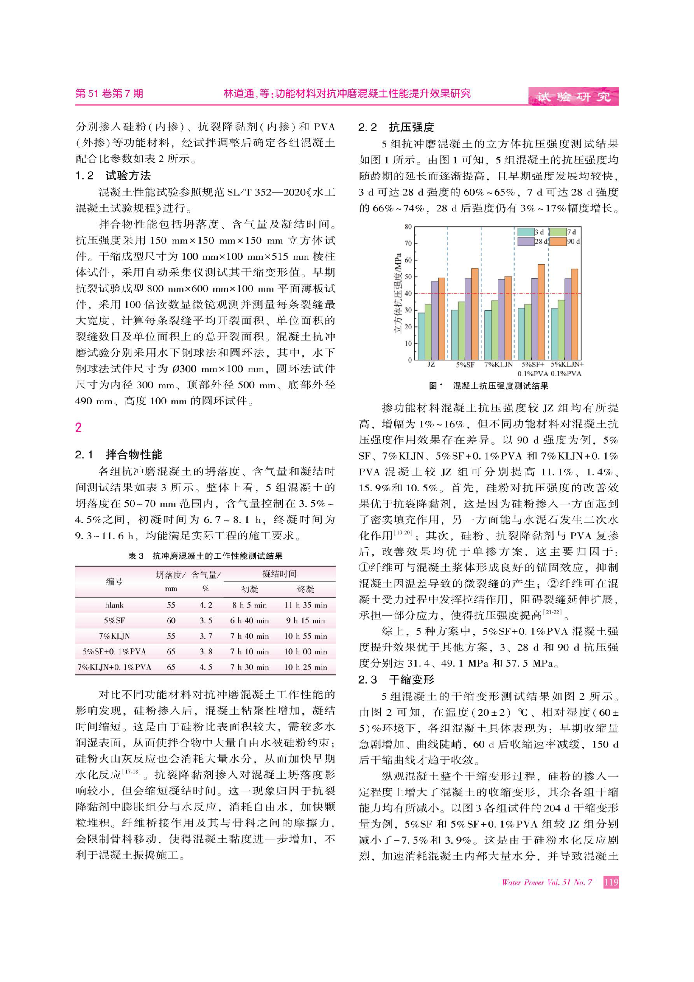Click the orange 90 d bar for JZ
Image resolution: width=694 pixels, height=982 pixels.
[441, 319]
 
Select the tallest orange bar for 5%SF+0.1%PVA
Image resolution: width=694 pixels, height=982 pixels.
[541, 312]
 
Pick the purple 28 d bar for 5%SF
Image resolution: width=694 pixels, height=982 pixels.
[468, 319]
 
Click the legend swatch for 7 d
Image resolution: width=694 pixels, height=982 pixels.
[557, 232]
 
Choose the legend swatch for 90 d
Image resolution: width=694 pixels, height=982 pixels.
[557, 242]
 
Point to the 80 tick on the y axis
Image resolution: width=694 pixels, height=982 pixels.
[408, 227]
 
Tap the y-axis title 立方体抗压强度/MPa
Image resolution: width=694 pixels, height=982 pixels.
[398, 294]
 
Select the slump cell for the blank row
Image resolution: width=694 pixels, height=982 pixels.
[171, 605]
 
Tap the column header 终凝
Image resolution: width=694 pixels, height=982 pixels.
[305, 589]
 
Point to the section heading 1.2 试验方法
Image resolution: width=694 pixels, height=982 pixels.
[113, 175]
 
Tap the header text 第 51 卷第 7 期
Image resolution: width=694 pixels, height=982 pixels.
[109, 94]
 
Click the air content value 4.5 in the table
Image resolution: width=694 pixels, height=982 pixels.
[206, 667]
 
